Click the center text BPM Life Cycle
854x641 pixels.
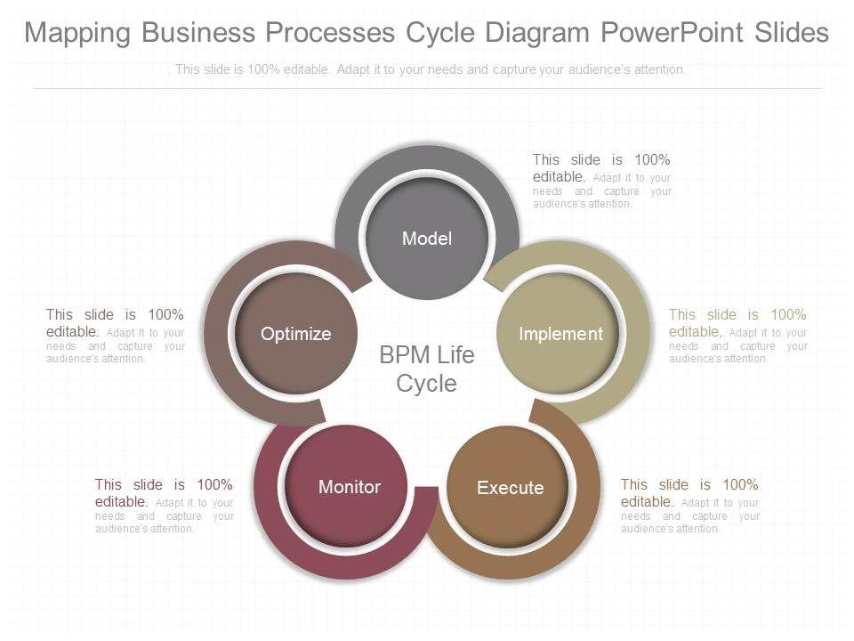pos(427,369)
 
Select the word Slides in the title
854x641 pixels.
pos(791,33)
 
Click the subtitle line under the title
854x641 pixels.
pos(427,69)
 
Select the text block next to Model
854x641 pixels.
pos(601,181)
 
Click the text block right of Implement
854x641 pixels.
pos(737,336)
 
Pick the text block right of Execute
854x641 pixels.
pos(689,506)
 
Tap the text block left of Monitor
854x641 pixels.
pos(164,506)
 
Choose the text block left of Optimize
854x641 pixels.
pos(115,336)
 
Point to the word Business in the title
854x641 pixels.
pos(196,33)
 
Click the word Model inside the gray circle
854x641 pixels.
pos(427,239)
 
